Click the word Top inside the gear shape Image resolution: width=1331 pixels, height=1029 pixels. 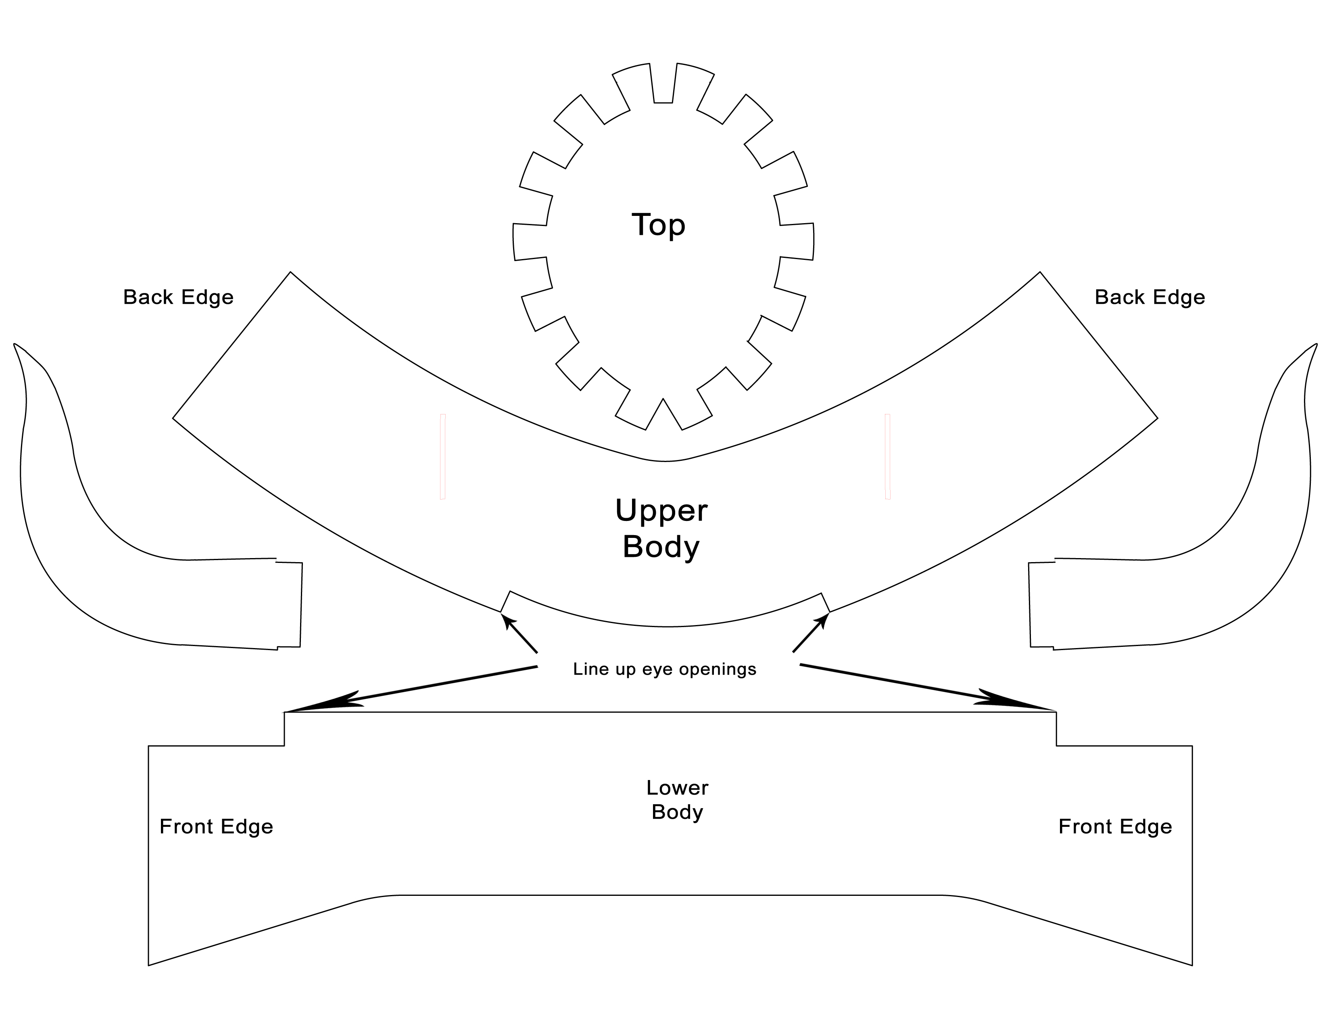[x=658, y=225]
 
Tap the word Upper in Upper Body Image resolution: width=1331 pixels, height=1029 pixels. [x=661, y=510]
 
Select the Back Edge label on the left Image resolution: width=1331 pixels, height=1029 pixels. [x=178, y=297]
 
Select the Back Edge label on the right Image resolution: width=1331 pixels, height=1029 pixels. [x=1149, y=297]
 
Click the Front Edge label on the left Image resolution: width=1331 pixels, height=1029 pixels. [x=216, y=826]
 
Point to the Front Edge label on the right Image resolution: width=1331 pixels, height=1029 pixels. [x=1115, y=826]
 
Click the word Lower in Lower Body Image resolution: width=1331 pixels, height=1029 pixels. [x=677, y=788]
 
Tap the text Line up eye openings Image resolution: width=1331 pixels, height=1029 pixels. [x=664, y=669]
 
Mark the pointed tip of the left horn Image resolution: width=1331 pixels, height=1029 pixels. [x=15, y=345]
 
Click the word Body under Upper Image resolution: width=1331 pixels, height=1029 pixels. [x=661, y=547]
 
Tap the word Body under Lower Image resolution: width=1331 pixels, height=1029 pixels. [x=677, y=813]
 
